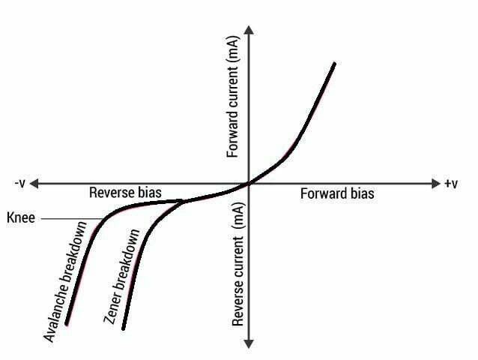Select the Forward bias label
[337, 193]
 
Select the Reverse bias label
[125, 193]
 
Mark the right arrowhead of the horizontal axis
[435, 183]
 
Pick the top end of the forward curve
[333, 64]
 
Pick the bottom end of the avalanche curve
[67, 324]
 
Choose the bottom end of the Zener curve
[124, 328]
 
